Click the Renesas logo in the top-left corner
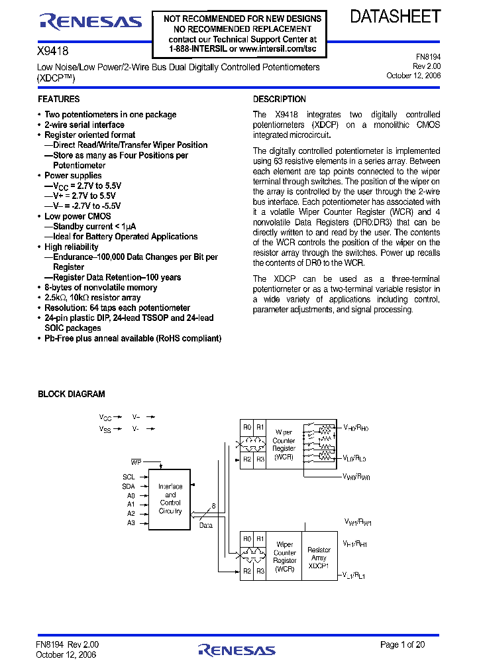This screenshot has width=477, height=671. click(x=91, y=22)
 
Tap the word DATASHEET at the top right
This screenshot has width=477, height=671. click(x=395, y=17)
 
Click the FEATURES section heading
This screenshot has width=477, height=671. click(x=59, y=99)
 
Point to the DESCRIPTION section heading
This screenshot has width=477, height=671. click(x=280, y=99)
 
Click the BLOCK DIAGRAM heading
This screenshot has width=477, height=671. click(x=72, y=395)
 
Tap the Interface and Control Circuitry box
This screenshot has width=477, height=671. click(x=170, y=499)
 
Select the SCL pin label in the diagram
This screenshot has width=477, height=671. click(x=129, y=477)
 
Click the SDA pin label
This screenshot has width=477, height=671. click(x=129, y=486)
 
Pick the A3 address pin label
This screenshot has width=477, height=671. click(x=131, y=522)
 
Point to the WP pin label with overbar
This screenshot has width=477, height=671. click(x=136, y=461)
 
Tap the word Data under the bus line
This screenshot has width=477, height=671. click(x=206, y=525)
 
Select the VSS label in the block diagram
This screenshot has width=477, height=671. click(x=105, y=429)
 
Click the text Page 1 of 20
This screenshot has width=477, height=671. click(x=403, y=644)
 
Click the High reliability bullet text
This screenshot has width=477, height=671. click(x=71, y=247)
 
